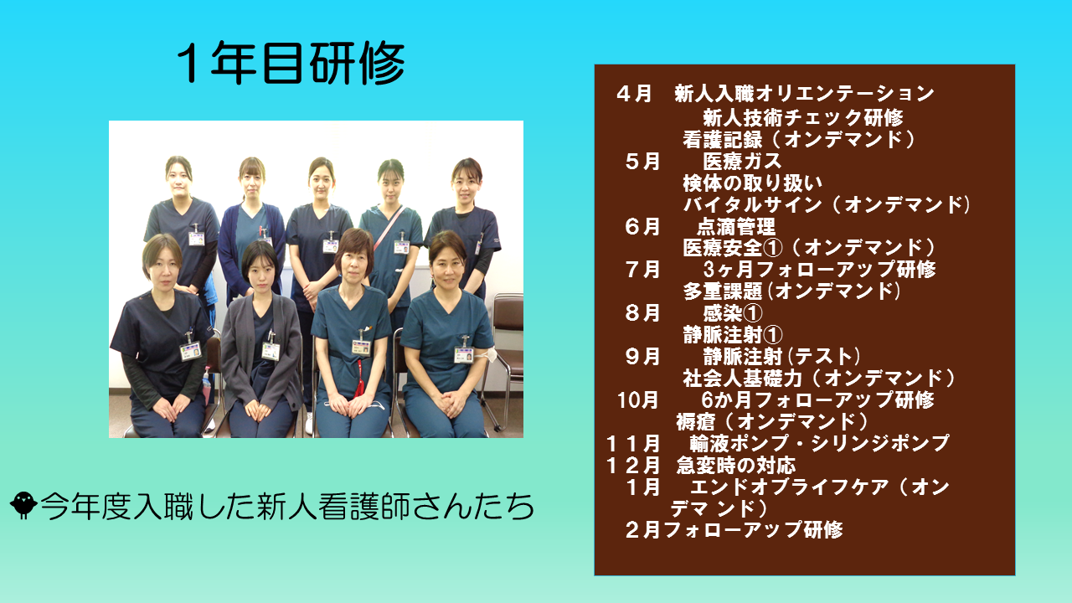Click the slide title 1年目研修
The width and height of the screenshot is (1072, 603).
tap(291, 63)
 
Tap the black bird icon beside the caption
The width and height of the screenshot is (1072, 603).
tap(23, 505)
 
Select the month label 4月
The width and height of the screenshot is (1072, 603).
tap(634, 93)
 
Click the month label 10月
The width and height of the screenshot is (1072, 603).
tap(637, 400)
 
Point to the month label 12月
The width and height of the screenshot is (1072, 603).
tap(632, 465)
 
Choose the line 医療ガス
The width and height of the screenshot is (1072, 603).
tap(742, 162)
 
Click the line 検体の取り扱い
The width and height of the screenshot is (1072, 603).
tap(752, 183)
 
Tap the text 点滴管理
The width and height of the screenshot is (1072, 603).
tap(735, 226)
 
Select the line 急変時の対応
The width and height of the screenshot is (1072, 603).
tap(735, 465)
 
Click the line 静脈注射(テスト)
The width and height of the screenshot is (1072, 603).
tap(781, 357)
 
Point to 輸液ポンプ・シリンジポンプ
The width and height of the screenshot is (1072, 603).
tap(819, 443)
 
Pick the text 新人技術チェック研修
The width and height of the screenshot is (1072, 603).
tap(802, 117)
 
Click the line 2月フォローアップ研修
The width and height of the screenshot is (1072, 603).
tap(734, 530)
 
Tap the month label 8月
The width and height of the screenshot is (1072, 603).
tap(642, 313)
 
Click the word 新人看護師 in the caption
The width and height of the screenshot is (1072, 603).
tap(333, 506)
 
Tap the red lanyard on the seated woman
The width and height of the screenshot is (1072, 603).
tap(359, 378)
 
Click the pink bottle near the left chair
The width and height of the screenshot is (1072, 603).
tap(206, 384)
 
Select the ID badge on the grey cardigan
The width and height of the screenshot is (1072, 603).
tap(271, 351)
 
